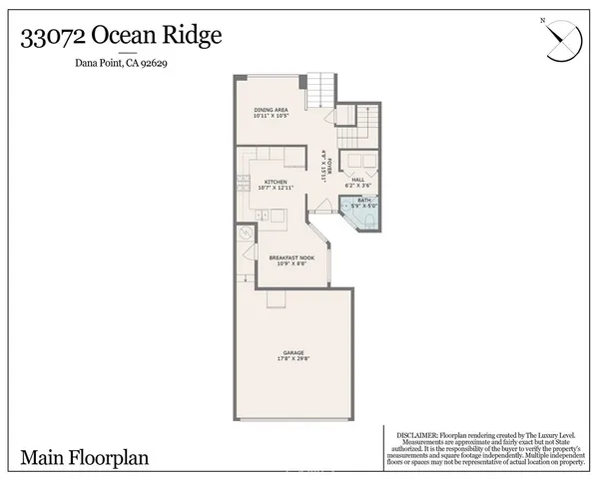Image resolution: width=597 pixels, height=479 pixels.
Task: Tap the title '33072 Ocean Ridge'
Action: (x=121, y=37)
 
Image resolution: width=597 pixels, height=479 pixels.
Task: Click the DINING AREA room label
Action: (x=272, y=110)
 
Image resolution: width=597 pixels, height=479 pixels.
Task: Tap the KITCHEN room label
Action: (x=276, y=181)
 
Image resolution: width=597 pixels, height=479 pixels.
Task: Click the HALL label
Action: (x=356, y=180)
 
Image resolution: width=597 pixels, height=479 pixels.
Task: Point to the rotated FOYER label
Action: (x=324, y=160)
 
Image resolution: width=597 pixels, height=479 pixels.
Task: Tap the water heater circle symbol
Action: (x=247, y=235)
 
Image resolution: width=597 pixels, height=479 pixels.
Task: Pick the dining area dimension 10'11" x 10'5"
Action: (x=272, y=118)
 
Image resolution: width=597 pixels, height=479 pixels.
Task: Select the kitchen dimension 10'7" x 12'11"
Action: (x=276, y=188)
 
